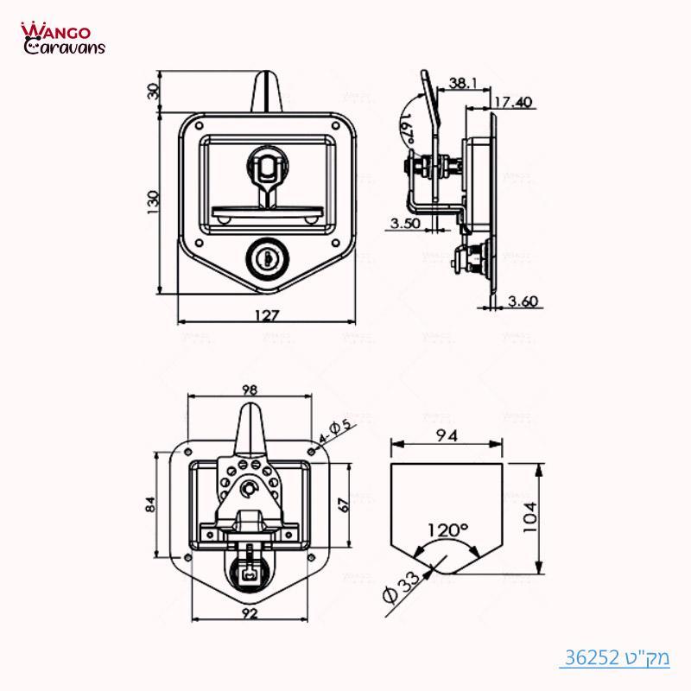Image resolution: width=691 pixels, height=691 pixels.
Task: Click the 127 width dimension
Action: (x=267, y=316)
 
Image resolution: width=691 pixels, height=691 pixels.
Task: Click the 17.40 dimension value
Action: (x=513, y=102)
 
